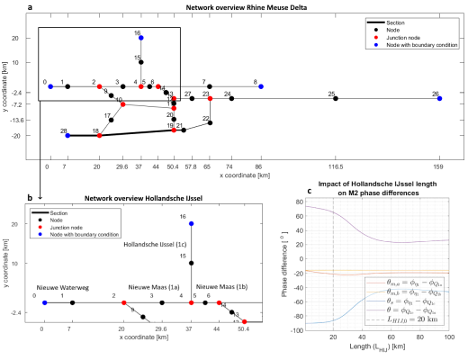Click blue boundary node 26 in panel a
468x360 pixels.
(x=439, y=98)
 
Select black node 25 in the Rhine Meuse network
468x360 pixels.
(x=336, y=98)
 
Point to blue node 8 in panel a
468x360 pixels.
(x=261, y=86)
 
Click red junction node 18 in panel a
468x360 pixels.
(x=99, y=136)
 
